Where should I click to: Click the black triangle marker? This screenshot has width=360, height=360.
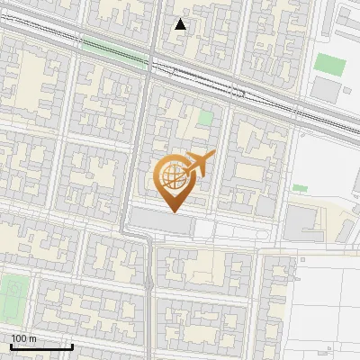pyautogui.click(x=181, y=24)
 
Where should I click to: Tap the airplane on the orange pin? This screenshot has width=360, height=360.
pyautogui.click(x=200, y=163)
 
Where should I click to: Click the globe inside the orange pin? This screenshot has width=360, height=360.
pyautogui.click(x=174, y=176)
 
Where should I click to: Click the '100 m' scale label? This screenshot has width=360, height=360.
pyautogui.click(x=23, y=337)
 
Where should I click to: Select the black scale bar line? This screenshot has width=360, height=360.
pyautogui.click(x=41, y=346)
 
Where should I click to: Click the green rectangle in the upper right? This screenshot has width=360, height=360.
pyautogui.click(x=330, y=65)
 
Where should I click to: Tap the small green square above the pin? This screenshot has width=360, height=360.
pyautogui.click(x=206, y=117)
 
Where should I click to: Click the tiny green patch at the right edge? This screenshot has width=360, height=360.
pyautogui.click(x=300, y=188)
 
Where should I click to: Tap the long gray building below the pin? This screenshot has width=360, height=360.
pyautogui.click(x=162, y=220)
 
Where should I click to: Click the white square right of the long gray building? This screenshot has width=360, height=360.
pyautogui.click(x=204, y=229)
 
